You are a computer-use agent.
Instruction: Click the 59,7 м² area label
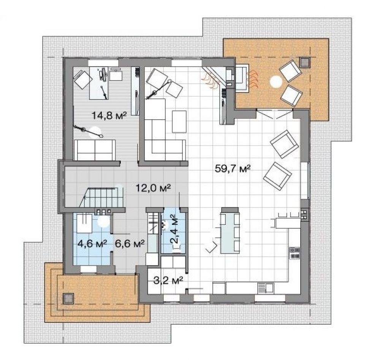(x=233, y=168)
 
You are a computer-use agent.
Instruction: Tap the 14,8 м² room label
(x=109, y=115)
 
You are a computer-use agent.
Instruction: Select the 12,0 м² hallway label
(x=154, y=188)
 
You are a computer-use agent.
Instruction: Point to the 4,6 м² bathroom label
(x=92, y=243)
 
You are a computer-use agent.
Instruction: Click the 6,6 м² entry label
(x=130, y=243)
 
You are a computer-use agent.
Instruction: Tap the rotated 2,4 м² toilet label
(x=174, y=229)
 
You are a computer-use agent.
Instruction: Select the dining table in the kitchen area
(x=230, y=231)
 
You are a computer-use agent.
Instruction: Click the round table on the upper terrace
(x=276, y=82)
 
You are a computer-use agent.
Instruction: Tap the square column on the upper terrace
(x=304, y=63)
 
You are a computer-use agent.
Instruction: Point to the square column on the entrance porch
(x=68, y=298)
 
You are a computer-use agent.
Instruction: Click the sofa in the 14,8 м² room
(x=95, y=150)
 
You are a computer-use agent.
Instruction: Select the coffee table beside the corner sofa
(x=179, y=122)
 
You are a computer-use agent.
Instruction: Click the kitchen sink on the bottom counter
(x=266, y=288)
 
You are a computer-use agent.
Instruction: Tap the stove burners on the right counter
(x=294, y=253)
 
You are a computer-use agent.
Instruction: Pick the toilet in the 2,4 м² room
(x=164, y=225)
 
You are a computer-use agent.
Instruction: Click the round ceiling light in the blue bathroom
(x=103, y=221)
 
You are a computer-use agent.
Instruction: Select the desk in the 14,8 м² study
(x=99, y=83)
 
